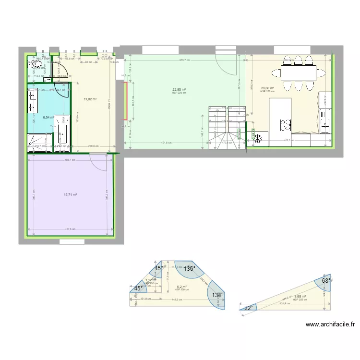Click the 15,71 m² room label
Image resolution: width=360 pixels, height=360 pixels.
[x=70, y=195]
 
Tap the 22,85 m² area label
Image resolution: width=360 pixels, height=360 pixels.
[x=179, y=90]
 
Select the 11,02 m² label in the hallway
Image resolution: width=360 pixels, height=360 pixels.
[x=90, y=99]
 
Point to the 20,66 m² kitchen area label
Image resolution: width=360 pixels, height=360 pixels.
[x=267, y=88]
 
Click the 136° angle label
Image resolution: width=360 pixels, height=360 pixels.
[x=190, y=269]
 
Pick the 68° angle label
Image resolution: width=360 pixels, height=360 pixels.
[x=325, y=281]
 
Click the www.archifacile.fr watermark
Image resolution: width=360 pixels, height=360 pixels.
[x=330, y=324]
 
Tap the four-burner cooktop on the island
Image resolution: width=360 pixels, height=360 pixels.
[x=286, y=125]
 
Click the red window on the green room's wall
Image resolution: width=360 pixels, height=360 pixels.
[x=126, y=100]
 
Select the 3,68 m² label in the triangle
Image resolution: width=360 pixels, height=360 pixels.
[x=300, y=297]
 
